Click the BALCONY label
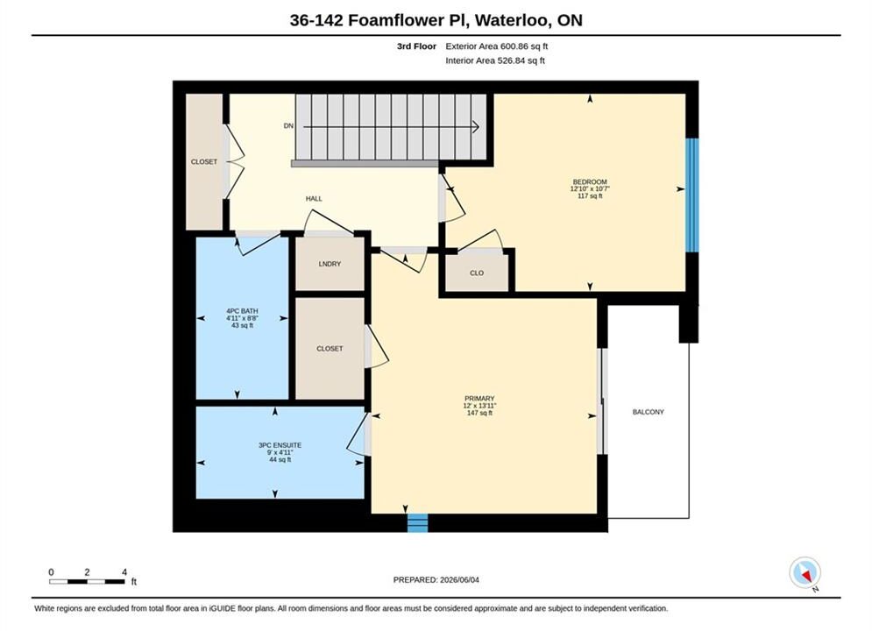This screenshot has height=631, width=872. (648, 412)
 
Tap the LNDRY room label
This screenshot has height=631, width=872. (330, 264)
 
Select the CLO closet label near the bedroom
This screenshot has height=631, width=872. (477, 273)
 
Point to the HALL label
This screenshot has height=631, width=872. (314, 198)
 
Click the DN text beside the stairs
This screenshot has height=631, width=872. (288, 126)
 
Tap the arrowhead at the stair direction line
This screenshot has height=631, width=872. (476, 127)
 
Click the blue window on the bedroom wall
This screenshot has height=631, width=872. (691, 195)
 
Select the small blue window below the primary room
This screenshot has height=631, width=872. (418, 523)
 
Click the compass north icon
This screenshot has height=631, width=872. (805, 572)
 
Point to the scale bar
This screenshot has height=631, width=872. (87, 582)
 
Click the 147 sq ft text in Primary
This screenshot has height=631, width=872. (479, 413)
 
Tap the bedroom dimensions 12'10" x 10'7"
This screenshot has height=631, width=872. (590, 189)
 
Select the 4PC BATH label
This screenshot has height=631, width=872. (242, 311)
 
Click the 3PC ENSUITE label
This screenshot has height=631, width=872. (280, 445)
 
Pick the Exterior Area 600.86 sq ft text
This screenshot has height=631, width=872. (497, 46)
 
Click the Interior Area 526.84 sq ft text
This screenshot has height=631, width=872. (495, 60)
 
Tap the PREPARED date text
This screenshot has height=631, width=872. (436, 580)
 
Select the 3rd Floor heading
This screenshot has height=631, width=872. (416, 46)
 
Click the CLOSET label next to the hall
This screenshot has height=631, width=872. (204, 162)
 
